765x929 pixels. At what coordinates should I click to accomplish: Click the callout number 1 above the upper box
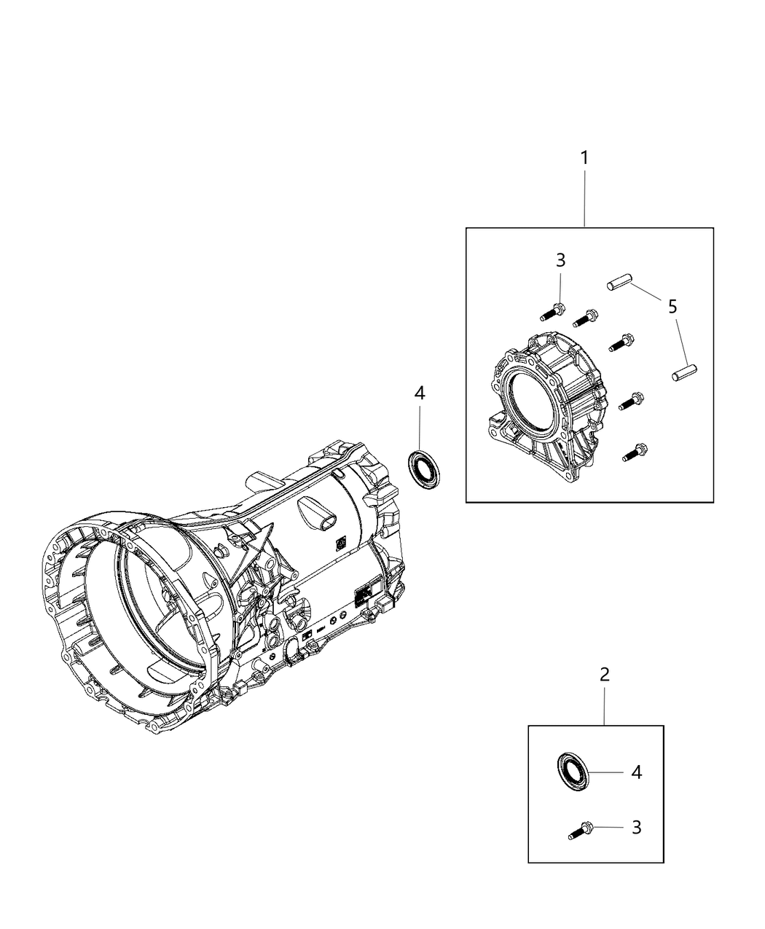coord(584,157)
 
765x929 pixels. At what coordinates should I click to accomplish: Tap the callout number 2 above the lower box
coord(604,674)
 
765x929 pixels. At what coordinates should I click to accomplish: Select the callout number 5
coord(672,307)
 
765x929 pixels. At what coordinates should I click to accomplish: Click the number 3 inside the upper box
coord(560,260)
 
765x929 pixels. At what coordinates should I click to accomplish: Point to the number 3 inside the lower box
coord(636,827)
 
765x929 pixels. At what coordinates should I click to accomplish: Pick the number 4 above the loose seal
coord(419,393)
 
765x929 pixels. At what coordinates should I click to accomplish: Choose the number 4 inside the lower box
coord(636,772)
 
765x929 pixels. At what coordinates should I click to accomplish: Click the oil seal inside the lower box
coord(571,771)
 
